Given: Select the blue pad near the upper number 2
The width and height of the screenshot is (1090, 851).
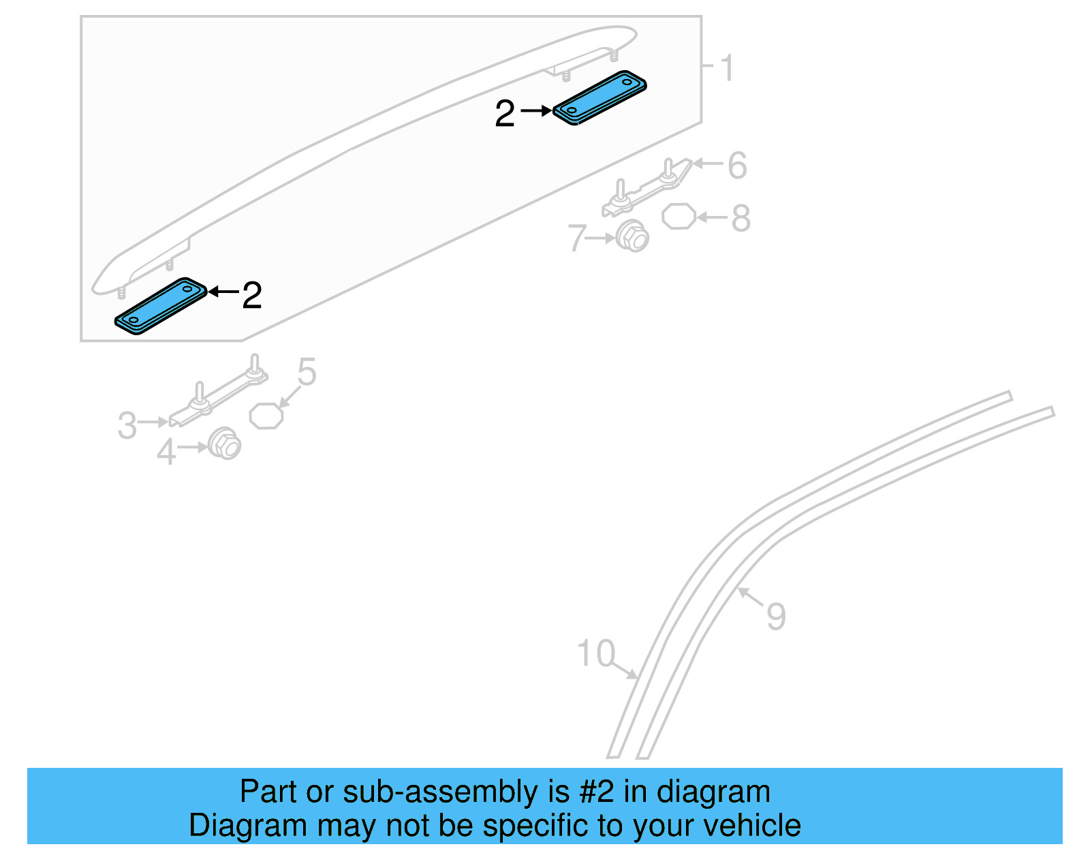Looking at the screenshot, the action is (x=599, y=97).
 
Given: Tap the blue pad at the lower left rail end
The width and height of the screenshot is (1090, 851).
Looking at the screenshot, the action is (x=161, y=305).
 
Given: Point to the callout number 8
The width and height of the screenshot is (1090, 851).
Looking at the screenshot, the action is (x=741, y=217).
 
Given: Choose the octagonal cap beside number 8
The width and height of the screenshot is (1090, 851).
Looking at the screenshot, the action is (x=679, y=217).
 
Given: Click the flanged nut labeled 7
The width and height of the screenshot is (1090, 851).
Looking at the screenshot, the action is (x=632, y=236).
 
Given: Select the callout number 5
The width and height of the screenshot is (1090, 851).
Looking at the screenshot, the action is (x=307, y=371).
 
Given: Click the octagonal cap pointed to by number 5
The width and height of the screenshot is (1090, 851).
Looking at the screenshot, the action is (x=266, y=416).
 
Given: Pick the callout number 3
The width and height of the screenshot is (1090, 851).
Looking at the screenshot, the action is (x=127, y=425).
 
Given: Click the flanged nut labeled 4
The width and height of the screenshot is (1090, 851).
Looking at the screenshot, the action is (x=224, y=444).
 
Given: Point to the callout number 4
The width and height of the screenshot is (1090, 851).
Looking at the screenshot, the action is (x=166, y=452).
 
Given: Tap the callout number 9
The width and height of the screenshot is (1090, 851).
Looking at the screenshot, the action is (x=776, y=617).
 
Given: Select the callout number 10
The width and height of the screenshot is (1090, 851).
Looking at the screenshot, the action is (x=596, y=653).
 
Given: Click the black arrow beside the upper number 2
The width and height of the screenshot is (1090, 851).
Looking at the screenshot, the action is (x=536, y=111).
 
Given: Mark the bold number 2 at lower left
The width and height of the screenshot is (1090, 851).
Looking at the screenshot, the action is (x=252, y=295).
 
